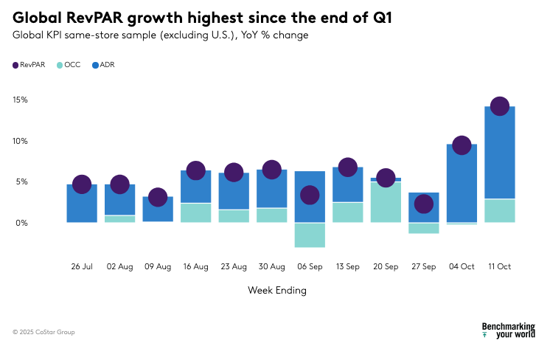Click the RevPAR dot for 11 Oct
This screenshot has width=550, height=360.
[x=499, y=107]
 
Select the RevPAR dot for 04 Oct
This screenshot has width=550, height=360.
[x=462, y=145]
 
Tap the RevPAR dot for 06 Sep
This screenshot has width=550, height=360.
[x=310, y=195]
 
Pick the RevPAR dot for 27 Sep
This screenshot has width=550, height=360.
[x=423, y=204]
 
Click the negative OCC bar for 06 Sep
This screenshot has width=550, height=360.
[x=310, y=235]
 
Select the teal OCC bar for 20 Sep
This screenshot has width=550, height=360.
[x=386, y=202]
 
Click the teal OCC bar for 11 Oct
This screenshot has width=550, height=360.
[x=499, y=210]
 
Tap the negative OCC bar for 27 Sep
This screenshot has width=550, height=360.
[x=423, y=228]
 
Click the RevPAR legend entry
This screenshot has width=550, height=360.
[x=29, y=65]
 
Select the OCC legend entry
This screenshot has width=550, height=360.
[x=68, y=65]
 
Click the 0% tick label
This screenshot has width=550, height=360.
[x=21, y=223]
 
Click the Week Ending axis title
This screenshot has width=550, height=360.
[x=276, y=291]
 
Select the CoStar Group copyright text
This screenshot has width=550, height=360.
[x=43, y=332]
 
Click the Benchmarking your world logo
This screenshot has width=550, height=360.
[x=508, y=330]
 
